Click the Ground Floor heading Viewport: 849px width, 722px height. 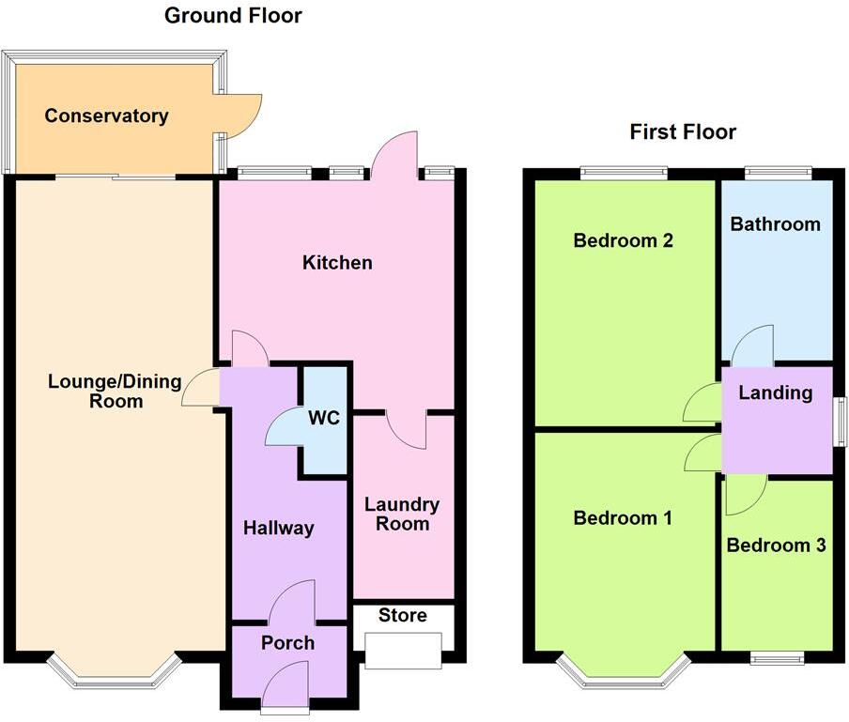[x=233, y=16]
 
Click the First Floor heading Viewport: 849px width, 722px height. [x=683, y=131]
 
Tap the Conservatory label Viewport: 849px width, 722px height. [x=106, y=116]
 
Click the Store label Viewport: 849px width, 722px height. [x=402, y=616]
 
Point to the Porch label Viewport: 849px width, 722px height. [x=288, y=643]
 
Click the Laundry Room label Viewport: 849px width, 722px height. [x=402, y=515]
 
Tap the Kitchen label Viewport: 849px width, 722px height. [x=336, y=262]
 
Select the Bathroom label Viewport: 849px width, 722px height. [x=775, y=224]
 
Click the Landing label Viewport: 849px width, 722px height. [x=775, y=392]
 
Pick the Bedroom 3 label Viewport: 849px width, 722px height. [x=776, y=545]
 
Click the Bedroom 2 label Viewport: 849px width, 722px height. [x=623, y=240]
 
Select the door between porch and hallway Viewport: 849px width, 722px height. [x=292, y=603]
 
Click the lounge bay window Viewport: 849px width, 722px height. [x=114, y=670]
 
